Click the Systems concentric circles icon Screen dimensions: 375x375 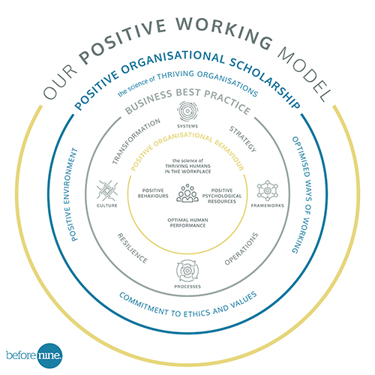click(187, 111)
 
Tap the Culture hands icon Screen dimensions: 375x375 click(107, 190)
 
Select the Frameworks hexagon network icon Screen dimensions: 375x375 click(267, 190)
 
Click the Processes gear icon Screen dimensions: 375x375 click(187, 271)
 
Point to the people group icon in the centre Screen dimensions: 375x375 click(187, 193)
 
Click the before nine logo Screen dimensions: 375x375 click(34, 355)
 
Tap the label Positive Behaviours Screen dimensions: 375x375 click(153, 193)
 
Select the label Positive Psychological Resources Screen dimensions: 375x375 click(222, 196)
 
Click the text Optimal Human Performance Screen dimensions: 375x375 click(187, 223)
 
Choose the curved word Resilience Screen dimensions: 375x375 click(133, 248)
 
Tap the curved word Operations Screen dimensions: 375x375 click(241, 248)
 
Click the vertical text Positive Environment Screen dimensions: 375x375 click(70, 194)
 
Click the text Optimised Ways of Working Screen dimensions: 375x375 click(302, 195)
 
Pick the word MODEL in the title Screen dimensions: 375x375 click(304, 73)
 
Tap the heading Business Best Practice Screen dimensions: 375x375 click(187, 100)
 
